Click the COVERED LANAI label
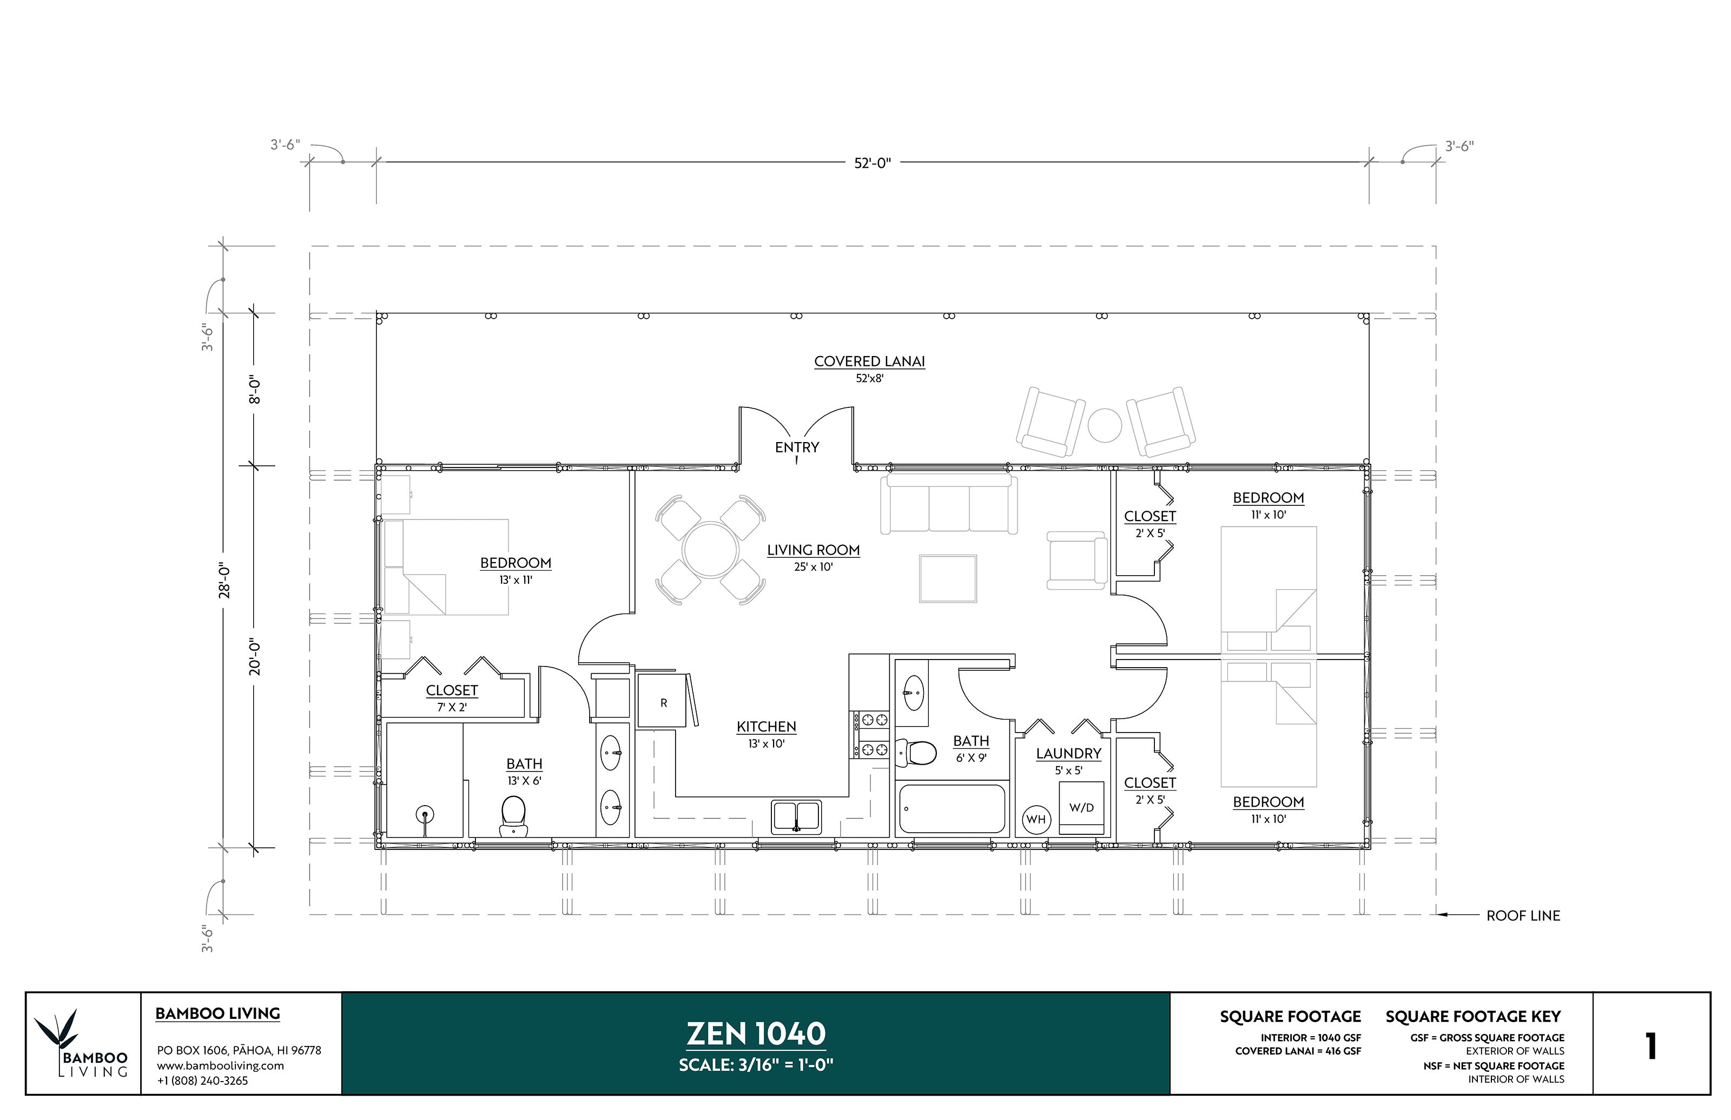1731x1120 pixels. (x=869, y=361)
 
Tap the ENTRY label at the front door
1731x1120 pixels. (x=797, y=447)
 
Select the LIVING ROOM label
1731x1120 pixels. (x=813, y=551)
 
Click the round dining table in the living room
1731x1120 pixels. (x=710, y=550)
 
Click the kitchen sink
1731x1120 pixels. (x=796, y=816)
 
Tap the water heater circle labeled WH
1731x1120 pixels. (x=1035, y=820)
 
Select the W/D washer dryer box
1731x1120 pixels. (x=1081, y=808)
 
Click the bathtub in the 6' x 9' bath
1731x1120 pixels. (x=953, y=808)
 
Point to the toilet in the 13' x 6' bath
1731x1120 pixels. (x=513, y=816)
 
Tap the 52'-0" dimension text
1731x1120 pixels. (x=871, y=163)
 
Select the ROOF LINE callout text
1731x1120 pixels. (x=1523, y=915)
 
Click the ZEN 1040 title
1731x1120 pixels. (x=756, y=1033)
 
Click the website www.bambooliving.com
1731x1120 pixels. (x=220, y=1065)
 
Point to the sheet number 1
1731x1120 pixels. (x=1651, y=1046)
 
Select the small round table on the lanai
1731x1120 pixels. (x=1104, y=425)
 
